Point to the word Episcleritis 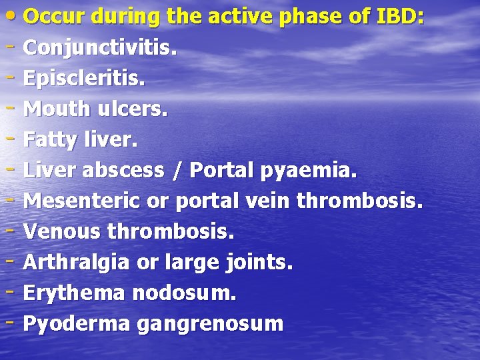point(84,79)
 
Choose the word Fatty point(51,140)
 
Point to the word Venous point(62,232)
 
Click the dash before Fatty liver point(12,140)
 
